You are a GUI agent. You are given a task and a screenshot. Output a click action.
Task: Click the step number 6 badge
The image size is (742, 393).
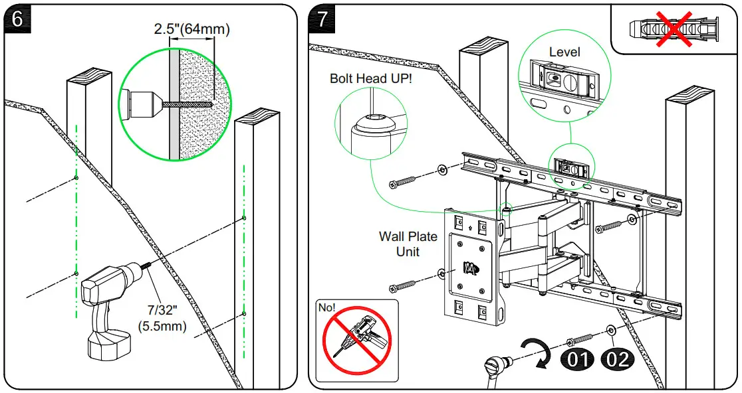18,19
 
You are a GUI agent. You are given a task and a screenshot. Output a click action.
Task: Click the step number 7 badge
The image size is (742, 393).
322,19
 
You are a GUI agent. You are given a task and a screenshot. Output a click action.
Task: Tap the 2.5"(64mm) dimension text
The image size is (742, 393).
191,29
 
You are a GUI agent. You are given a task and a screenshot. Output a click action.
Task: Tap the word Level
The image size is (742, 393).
564,52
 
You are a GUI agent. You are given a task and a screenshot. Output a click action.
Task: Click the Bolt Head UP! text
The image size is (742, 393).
371,78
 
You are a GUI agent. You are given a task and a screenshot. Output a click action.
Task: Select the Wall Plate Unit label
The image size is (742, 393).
408,244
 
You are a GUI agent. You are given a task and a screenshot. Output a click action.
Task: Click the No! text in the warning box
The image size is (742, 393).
327,308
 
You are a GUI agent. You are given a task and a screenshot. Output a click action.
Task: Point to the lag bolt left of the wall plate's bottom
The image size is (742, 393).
408,285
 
